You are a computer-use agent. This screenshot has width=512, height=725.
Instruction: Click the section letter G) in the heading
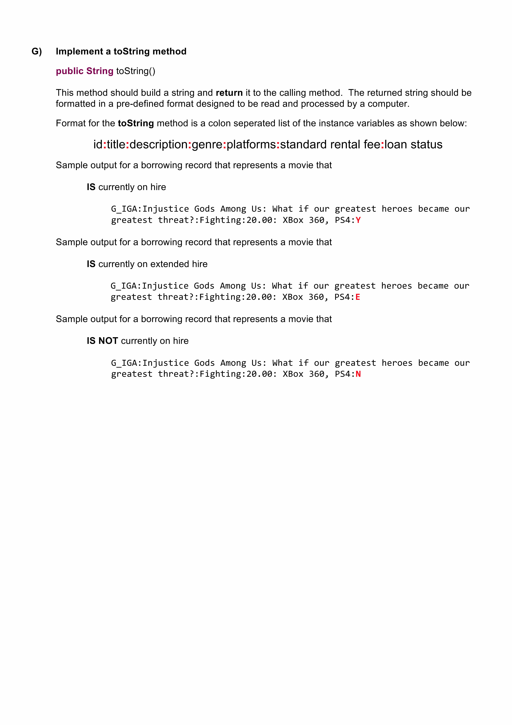click(37, 52)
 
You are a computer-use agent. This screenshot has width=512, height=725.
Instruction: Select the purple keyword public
click(69, 71)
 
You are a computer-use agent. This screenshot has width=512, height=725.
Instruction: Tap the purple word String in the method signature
click(100, 71)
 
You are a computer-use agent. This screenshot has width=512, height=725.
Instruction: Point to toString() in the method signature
click(136, 71)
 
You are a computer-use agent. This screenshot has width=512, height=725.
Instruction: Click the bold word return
click(229, 93)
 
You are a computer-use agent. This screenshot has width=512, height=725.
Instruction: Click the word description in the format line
click(158, 145)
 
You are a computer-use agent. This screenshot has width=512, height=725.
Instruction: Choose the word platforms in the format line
click(251, 145)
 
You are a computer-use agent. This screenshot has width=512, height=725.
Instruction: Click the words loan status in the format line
click(413, 145)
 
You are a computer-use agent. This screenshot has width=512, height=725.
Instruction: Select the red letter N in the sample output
click(358, 374)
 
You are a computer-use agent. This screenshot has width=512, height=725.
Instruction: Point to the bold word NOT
click(108, 341)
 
